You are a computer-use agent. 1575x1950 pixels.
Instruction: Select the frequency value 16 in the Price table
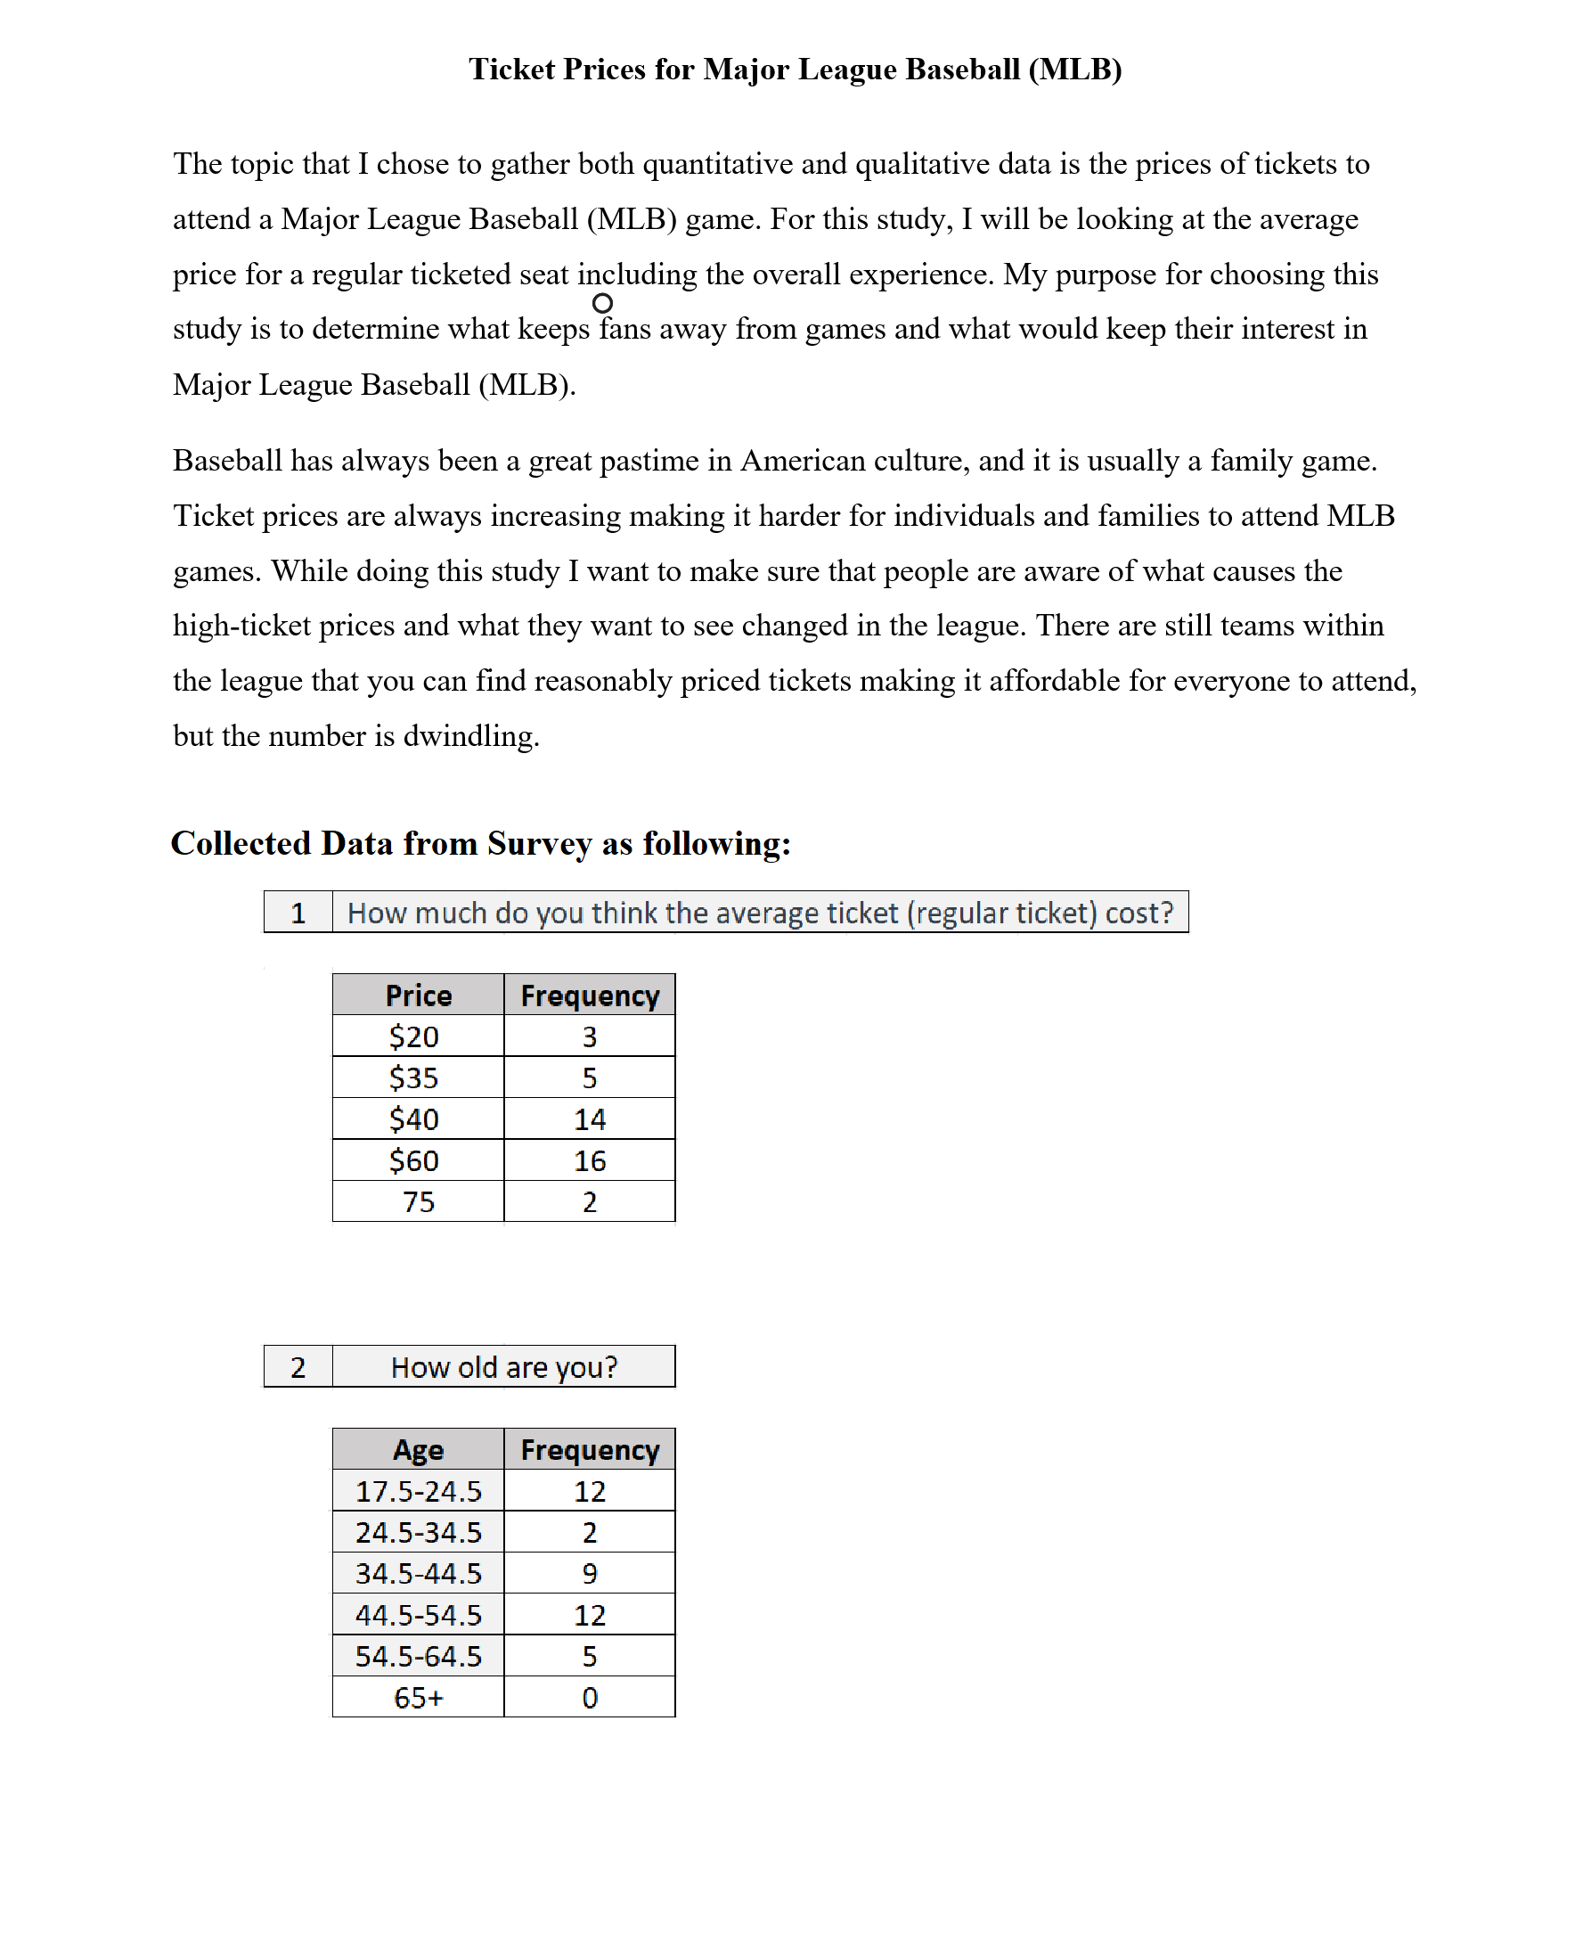click(x=589, y=1160)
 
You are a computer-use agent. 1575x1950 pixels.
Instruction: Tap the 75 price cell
click(x=417, y=1201)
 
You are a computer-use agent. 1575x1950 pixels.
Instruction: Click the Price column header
click(x=417, y=995)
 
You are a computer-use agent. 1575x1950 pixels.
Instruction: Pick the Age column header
click(x=417, y=1450)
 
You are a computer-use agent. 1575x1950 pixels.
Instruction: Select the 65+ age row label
click(x=417, y=1698)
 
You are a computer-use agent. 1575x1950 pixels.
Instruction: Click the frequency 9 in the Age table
click(x=589, y=1573)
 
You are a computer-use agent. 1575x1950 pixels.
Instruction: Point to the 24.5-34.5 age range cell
click(x=417, y=1533)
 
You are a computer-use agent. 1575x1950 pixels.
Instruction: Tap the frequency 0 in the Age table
click(x=589, y=1698)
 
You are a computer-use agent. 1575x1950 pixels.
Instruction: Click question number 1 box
click(x=298, y=913)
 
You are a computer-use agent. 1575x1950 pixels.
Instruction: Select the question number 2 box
click(x=298, y=1367)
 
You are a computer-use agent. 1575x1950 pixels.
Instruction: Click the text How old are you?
click(x=503, y=1367)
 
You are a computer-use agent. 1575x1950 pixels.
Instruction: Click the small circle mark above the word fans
click(x=602, y=303)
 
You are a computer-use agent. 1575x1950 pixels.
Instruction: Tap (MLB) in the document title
click(x=1075, y=70)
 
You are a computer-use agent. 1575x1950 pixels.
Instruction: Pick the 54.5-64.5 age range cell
click(x=417, y=1657)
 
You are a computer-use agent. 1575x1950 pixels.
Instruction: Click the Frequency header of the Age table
click(x=589, y=1450)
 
